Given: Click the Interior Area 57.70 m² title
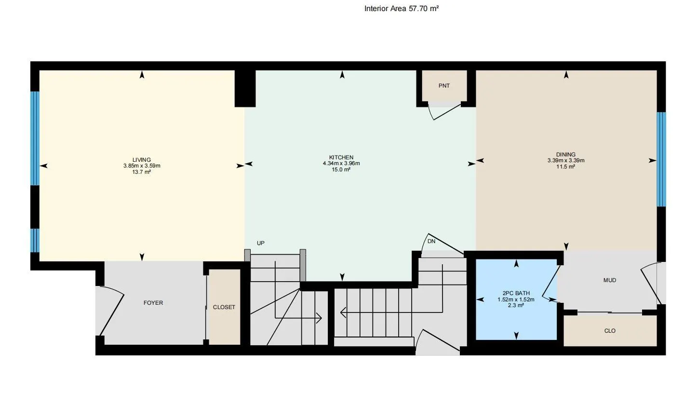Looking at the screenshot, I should (x=401, y=8).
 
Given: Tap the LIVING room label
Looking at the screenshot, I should (x=142, y=160).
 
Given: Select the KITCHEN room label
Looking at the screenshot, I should (x=341, y=157).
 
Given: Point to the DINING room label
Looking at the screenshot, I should (x=566, y=155).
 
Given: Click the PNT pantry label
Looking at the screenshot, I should (x=444, y=86).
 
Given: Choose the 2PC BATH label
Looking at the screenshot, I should (x=516, y=293).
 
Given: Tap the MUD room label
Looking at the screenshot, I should (x=609, y=280).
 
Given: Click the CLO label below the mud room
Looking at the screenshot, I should (x=610, y=331).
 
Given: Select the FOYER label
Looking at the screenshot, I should (x=153, y=303).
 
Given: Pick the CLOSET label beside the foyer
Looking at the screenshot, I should (x=224, y=307).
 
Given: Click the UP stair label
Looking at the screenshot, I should (x=261, y=243).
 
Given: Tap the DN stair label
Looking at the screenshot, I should (x=431, y=241).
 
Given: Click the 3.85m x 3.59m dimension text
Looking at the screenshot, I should (x=142, y=166).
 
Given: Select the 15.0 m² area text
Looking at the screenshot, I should (x=341, y=169).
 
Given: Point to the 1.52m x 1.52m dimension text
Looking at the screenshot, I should (x=516, y=299).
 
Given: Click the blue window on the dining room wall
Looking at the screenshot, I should (x=661, y=159).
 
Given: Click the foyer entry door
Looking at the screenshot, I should (x=111, y=311).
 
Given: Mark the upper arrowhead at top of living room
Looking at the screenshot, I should (x=142, y=75).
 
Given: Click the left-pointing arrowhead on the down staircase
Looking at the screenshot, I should (x=343, y=313).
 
